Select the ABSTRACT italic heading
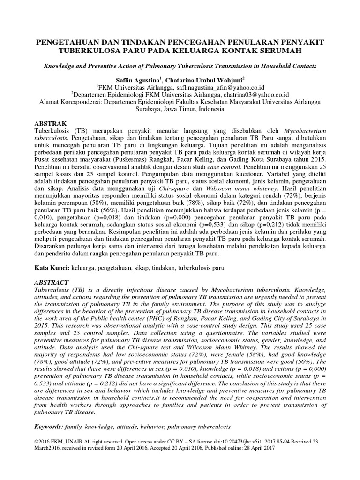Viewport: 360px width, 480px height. pyautogui.click(x=52, y=283)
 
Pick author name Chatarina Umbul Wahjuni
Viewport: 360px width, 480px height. pyautogui.click(x=205, y=80)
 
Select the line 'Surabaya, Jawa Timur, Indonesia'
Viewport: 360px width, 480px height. pyautogui.click(x=180, y=109)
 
